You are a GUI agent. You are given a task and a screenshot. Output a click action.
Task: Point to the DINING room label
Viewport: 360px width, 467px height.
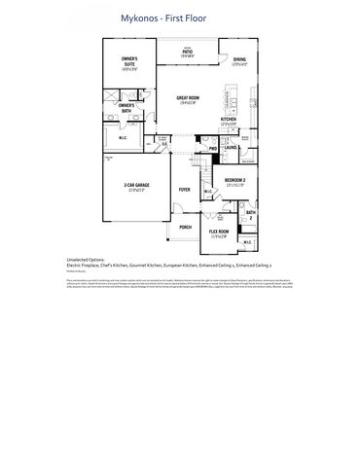pyautogui.click(x=238, y=60)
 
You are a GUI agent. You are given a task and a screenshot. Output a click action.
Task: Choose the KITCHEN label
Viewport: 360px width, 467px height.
pyautogui.click(x=230, y=120)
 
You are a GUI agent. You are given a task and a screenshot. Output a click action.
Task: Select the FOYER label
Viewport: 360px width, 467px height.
pyautogui.click(x=184, y=190)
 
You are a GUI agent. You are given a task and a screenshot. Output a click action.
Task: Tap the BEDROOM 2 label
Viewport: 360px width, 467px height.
pyautogui.click(x=234, y=181)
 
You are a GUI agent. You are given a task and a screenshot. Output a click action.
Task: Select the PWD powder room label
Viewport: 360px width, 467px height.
pyautogui.click(x=212, y=148)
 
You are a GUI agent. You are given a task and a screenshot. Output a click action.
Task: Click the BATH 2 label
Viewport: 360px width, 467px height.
pyautogui.click(x=250, y=213)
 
